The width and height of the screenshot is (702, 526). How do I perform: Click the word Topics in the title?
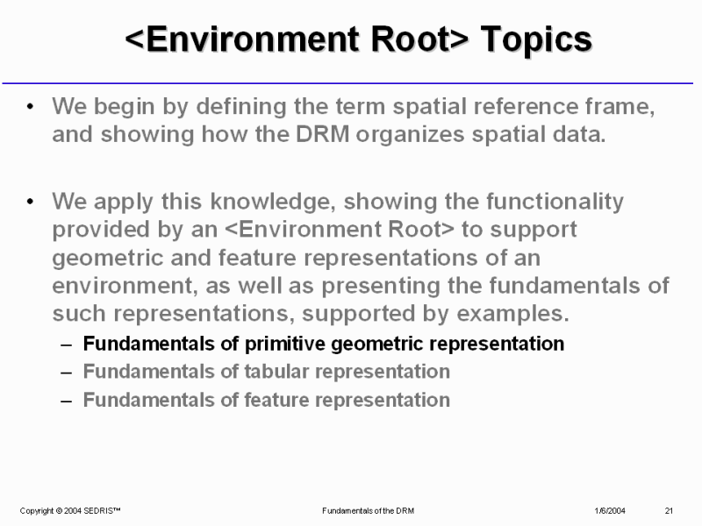tap(536, 40)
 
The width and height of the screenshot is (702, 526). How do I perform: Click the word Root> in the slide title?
tap(420, 39)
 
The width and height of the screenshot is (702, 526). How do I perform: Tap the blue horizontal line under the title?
tap(347, 83)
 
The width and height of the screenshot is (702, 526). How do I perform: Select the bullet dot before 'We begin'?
tap(30, 106)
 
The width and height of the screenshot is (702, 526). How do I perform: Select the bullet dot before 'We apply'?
tap(30, 202)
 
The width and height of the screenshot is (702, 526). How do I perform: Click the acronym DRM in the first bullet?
tap(322, 134)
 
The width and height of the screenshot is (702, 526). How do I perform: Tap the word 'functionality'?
tap(555, 202)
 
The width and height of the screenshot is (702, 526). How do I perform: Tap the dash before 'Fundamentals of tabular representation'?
tap(67, 373)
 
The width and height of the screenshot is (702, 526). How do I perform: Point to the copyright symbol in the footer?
tap(59, 511)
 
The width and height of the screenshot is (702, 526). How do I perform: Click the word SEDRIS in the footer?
tap(102, 511)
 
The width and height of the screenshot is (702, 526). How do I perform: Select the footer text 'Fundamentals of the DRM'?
tap(368, 511)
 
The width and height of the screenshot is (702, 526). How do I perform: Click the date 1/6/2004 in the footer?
tap(610, 511)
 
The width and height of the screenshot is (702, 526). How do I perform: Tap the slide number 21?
tap(669, 511)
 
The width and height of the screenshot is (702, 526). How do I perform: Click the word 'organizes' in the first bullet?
tap(410, 135)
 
